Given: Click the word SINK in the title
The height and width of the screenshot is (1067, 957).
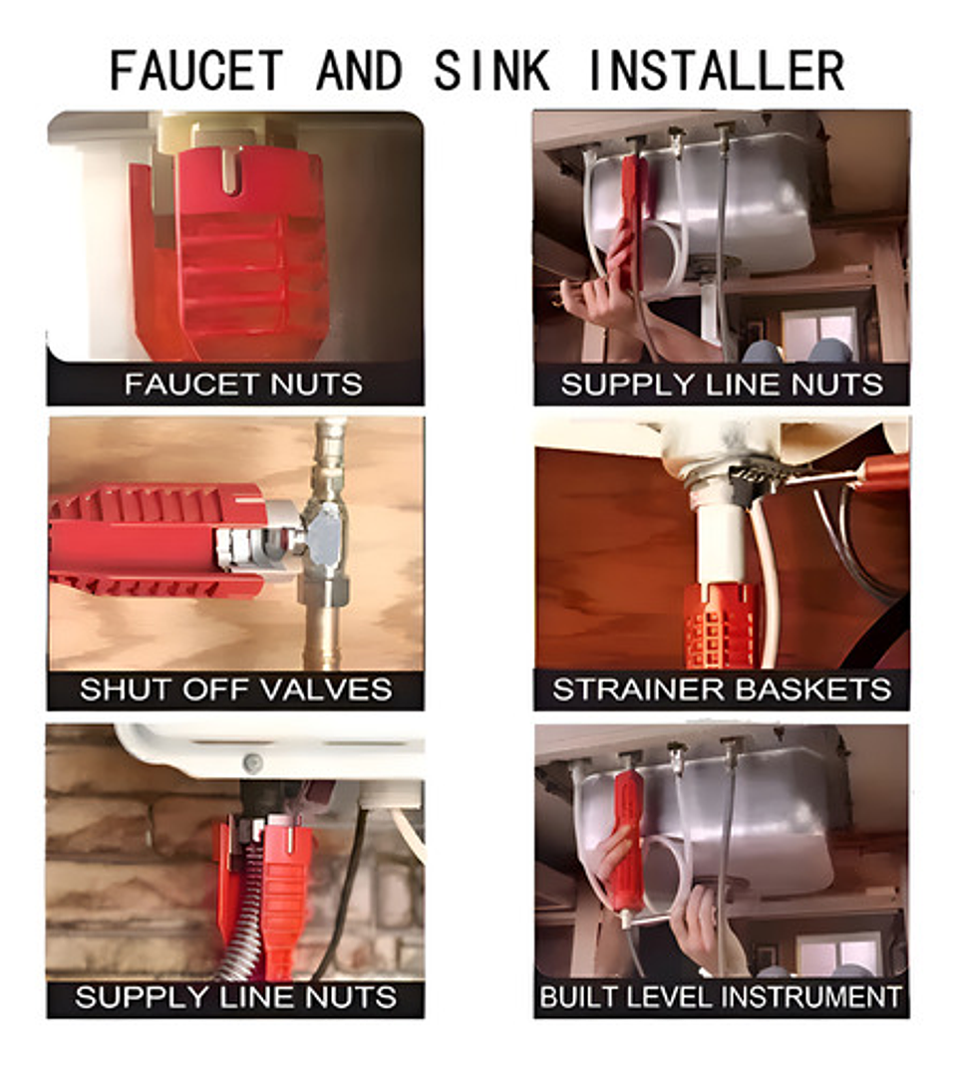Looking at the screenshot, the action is click(x=491, y=70).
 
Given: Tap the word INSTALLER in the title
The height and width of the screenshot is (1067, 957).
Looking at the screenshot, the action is click(x=716, y=70).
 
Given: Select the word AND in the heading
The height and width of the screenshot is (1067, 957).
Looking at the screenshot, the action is click(x=359, y=70).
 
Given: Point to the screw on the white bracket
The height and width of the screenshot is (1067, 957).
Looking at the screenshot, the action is click(x=252, y=763).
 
